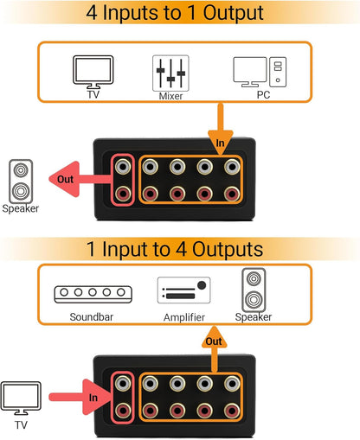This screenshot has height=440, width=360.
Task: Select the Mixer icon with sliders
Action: point(170,73)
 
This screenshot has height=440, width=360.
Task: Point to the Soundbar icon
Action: point(93,295)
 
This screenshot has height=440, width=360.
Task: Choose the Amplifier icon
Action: point(183,292)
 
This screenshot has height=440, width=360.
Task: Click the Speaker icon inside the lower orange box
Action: point(253,291)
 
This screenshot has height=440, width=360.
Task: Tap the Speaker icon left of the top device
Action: point(21,181)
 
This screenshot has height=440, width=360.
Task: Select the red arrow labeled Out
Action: point(78,182)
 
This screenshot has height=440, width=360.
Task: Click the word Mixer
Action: point(170,97)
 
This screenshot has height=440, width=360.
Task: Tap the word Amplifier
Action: point(183,317)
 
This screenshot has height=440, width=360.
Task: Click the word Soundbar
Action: point(93,317)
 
